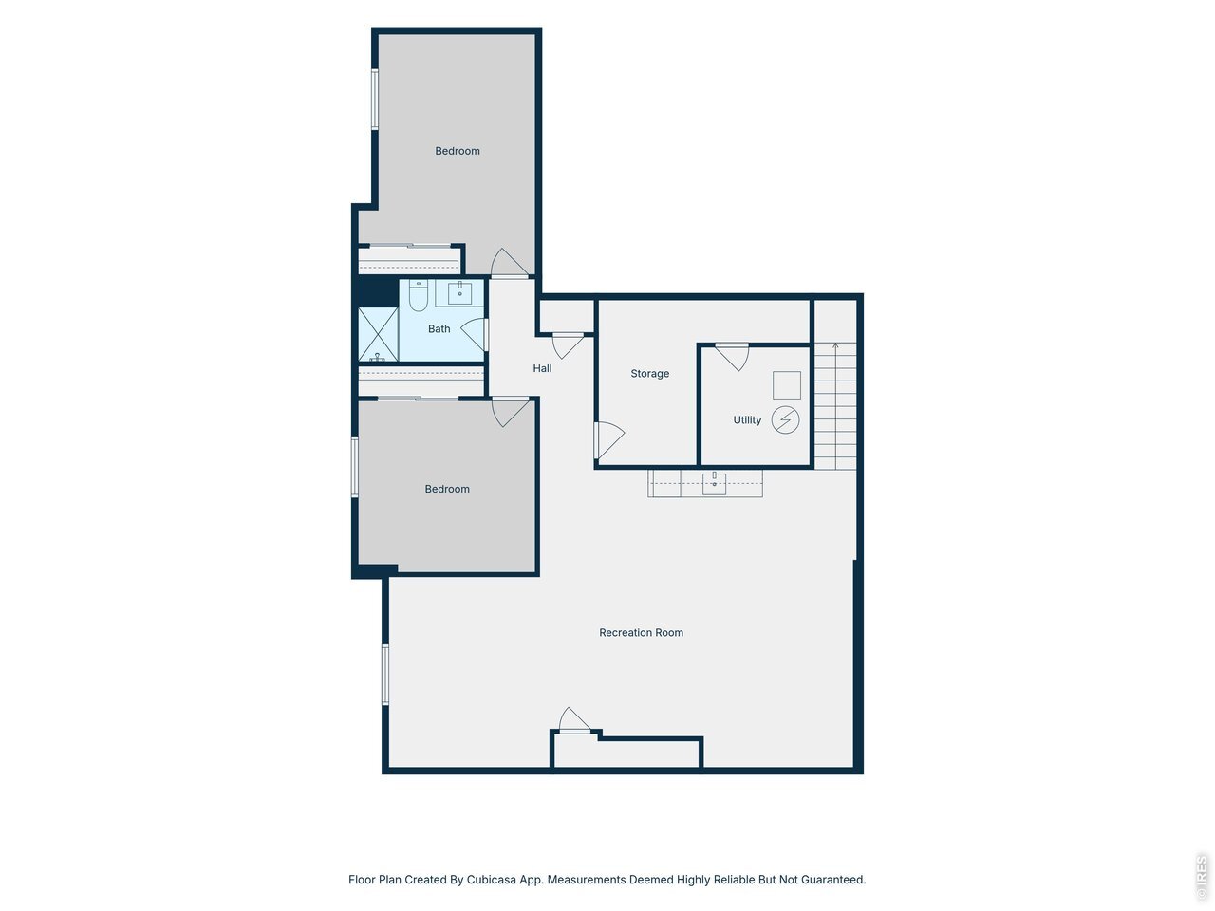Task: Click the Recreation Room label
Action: (641, 632)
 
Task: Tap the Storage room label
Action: (649, 373)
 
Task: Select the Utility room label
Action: (747, 419)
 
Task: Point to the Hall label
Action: (542, 368)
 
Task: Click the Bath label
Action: (439, 329)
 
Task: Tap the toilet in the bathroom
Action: (418, 295)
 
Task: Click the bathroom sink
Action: (459, 292)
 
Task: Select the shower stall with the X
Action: (378, 335)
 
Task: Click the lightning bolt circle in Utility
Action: (785, 419)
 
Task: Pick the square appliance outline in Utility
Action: (787, 385)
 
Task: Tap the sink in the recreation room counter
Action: (714, 483)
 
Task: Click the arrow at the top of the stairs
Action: (834, 347)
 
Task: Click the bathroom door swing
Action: (475, 334)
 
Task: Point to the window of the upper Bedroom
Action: (375, 100)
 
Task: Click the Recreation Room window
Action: (385, 675)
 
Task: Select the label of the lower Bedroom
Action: (447, 489)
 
